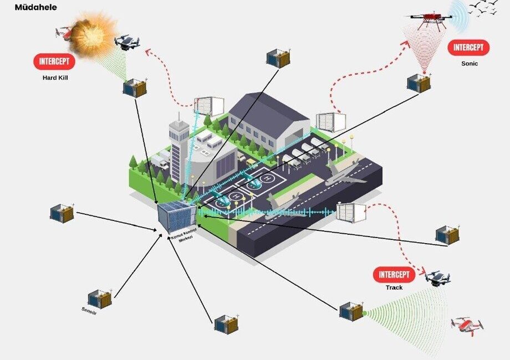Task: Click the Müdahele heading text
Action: (36, 7)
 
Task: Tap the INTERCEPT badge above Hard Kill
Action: (54, 61)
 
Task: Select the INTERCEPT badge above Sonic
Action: (468, 48)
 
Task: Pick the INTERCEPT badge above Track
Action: (394, 275)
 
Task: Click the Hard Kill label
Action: (55, 78)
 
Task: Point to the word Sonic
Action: (470, 63)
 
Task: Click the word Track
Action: (394, 287)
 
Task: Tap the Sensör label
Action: (89, 311)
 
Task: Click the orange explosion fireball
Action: (93, 34)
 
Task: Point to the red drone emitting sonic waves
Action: (429, 20)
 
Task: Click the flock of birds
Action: (483, 8)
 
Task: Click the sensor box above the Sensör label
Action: (100, 299)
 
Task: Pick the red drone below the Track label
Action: (467, 326)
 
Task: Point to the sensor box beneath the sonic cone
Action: (419, 83)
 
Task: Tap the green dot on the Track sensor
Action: (364, 313)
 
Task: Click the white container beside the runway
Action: (351, 213)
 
